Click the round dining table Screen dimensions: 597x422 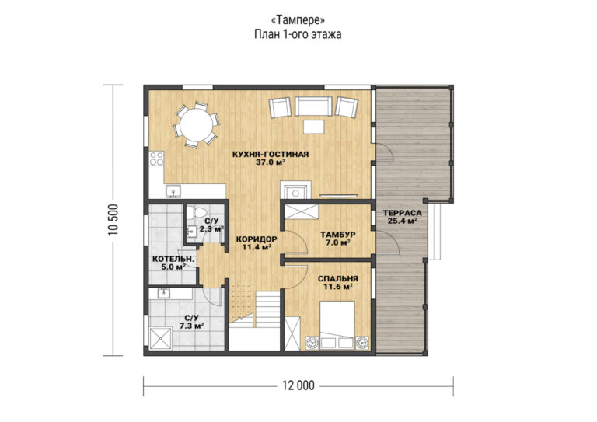(x=196, y=125)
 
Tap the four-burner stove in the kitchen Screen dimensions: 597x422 (x=156, y=159)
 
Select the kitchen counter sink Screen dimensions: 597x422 (x=173, y=191)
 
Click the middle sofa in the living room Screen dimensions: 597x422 (x=314, y=106)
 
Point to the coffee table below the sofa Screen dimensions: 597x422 (x=314, y=127)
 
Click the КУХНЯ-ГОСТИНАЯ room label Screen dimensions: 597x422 (x=271, y=154)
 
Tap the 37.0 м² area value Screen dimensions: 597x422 (x=271, y=162)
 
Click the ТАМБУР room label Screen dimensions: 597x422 (x=337, y=235)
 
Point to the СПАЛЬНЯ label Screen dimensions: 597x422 (x=337, y=279)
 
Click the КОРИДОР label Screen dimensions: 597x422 (x=257, y=239)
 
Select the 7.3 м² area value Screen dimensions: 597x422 (x=191, y=326)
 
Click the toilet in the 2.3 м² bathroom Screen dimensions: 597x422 (x=197, y=212)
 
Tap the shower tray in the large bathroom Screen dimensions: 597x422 (x=161, y=338)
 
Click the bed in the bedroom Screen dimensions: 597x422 (x=337, y=325)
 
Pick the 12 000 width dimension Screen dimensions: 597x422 (x=298, y=385)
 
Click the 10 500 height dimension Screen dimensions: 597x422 (x=113, y=220)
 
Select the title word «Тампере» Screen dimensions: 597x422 (x=298, y=19)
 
